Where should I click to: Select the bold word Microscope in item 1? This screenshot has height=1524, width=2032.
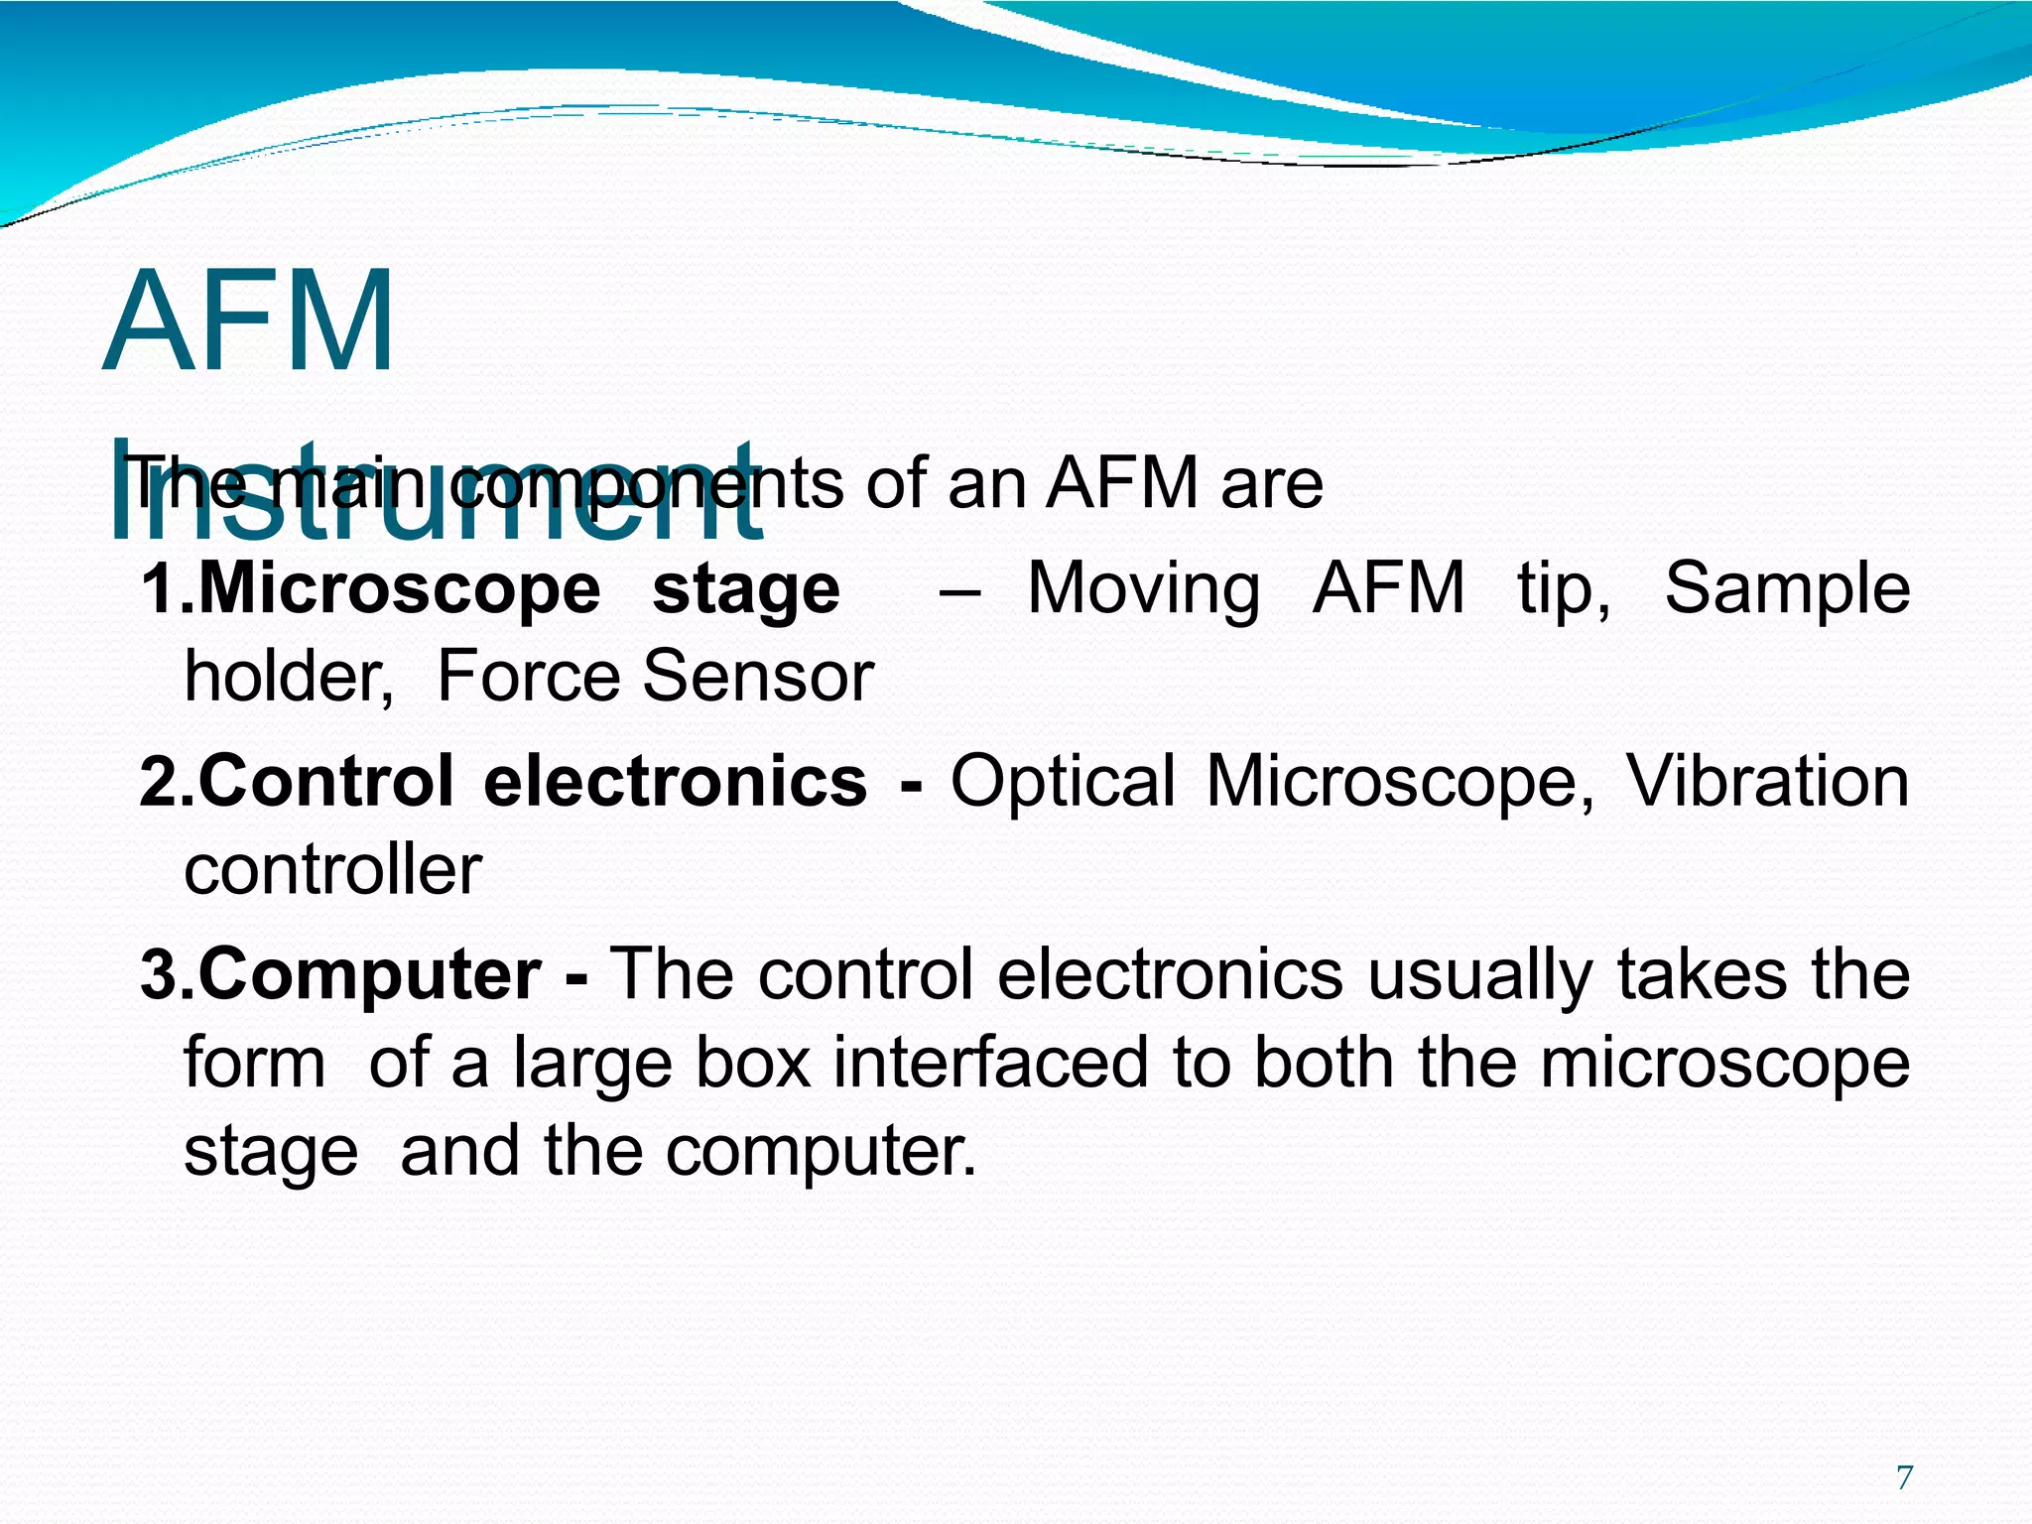point(400,590)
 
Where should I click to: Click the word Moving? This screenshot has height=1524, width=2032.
point(1143,590)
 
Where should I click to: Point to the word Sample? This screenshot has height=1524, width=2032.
point(1787,590)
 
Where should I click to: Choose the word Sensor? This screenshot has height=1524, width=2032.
point(758,678)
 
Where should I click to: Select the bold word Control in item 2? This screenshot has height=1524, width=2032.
point(326,782)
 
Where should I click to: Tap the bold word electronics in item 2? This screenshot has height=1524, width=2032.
point(675,782)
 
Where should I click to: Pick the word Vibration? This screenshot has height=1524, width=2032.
point(1767,782)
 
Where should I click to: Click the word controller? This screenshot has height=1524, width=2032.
point(333,871)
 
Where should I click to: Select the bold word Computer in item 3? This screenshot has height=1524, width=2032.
point(370,976)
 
